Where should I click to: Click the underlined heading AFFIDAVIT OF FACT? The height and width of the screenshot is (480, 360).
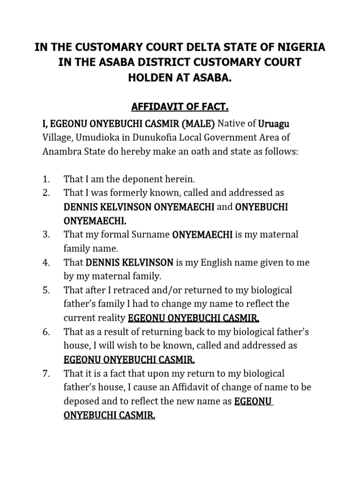pyautogui.click(x=180, y=107)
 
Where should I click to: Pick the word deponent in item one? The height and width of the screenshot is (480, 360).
pyautogui.click(x=133, y=179)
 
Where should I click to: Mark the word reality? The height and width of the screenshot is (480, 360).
pyautogui.click(x=111, y=318)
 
